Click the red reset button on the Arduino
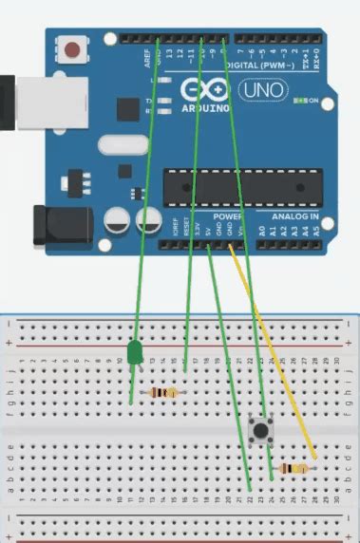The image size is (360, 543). [x=71, y=47]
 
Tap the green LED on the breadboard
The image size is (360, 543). [x=134, y=354]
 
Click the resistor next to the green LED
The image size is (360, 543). [x=162, y=393]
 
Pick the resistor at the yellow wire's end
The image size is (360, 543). [x=296, y=467]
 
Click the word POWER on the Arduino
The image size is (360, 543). [x=215, y=217]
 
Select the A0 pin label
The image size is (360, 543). [x=260, y=230]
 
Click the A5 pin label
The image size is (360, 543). [x=316, y=230]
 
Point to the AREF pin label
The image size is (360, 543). [x=146, y=59]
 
